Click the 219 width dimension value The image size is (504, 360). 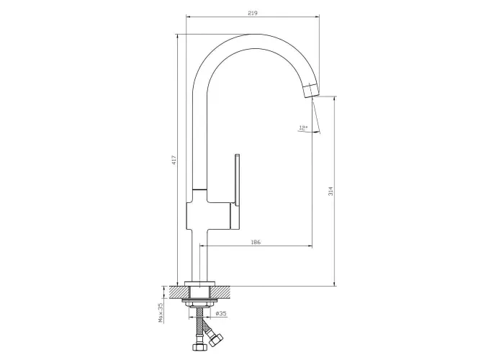(253, 13)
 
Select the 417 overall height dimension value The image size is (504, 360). (174, 160)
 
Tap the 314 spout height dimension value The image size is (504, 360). (330, 191)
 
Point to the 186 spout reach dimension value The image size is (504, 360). (256, 242)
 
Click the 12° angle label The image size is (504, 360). (303, 128)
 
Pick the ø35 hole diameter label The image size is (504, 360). (221, 313)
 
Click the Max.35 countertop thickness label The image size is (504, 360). (161, 312)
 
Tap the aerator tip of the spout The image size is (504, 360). (311, 89)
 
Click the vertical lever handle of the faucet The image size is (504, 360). (238, 192)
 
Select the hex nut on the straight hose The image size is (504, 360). (197, 348)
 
